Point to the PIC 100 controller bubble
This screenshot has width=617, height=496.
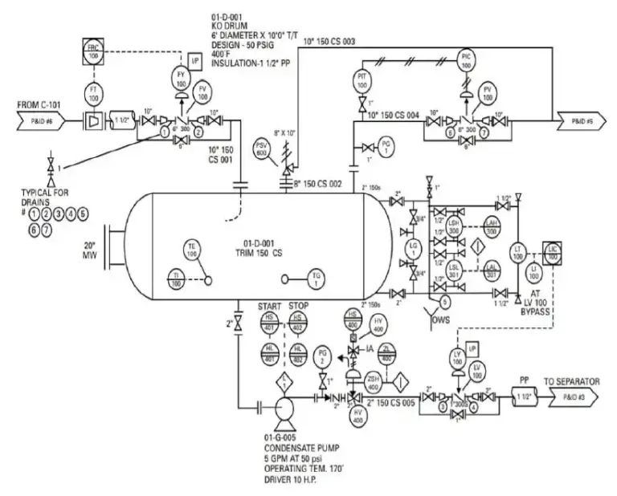tap(468, 59)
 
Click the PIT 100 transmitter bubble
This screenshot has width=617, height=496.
tap(362, 79)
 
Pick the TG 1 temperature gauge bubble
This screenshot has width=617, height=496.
tap(316, 279)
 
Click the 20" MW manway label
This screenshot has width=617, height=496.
tap(89, 250)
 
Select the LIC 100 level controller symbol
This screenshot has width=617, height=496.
tap(554, 250)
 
